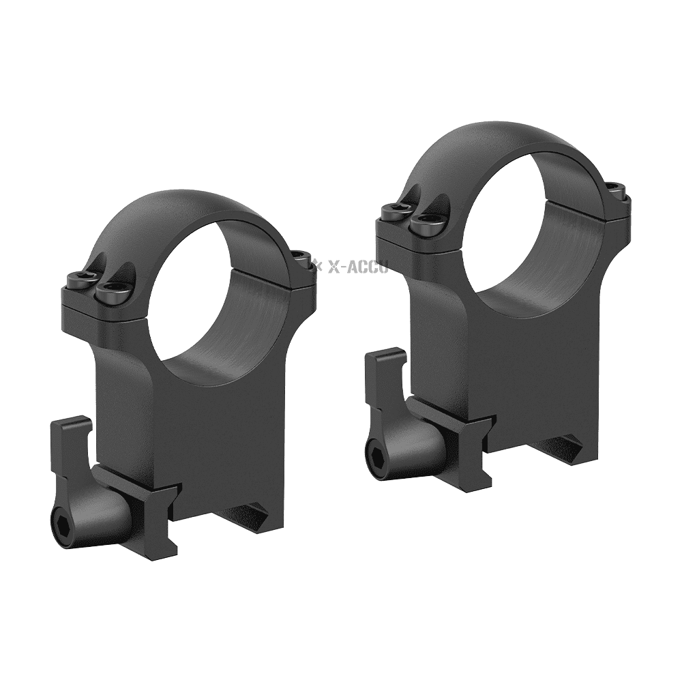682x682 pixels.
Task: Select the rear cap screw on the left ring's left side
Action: [x=80, y=280]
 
